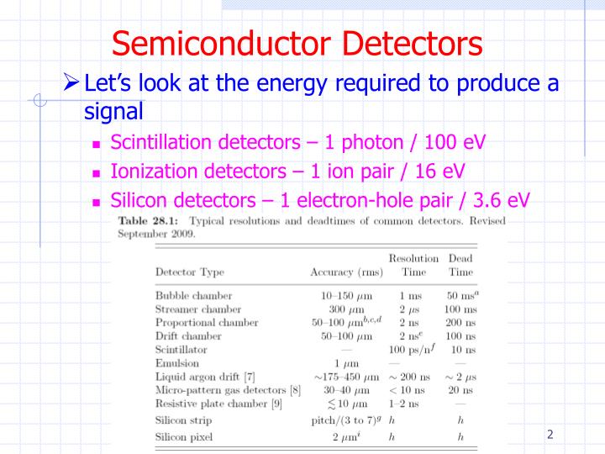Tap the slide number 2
click(x=550, y=435)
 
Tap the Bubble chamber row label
click(x=193, y=296)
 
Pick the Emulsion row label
click(x=178, y=363)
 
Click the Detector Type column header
click(x=189, y=272)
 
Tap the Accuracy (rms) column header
click(x=346, y=272)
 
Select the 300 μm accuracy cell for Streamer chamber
click(x=347, y=309)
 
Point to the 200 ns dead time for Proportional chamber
click(x=459, y=323)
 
